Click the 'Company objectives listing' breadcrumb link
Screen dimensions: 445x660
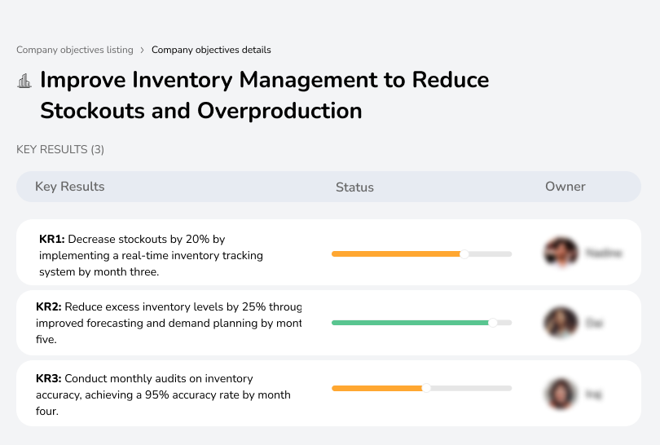pyautogui.click(x=74, y=50)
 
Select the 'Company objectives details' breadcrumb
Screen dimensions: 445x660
pyautogui.click(x=211, y=50)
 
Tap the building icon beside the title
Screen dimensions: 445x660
pyautogui.click(x=24, y=81)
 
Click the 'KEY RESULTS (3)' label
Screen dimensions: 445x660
pyautogui.click(x=60, y=149)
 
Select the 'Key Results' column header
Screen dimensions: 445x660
pyautogui.click(x=69, y=187)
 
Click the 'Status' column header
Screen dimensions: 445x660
pyautogui.click(x=354, y=187)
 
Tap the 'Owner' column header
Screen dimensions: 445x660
pyautogui.click(x=565, y=187)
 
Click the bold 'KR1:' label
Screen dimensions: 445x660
pyautogui.click(x=52, y=239)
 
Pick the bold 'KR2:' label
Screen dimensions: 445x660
pyautogui.click(x=49, y=307)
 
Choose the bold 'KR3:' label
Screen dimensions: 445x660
pyautogui.click(x=49, y=378)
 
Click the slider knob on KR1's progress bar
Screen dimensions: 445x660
pyautogui.click(x=464, y=254)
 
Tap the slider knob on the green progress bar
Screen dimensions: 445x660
pyautogui.click(x=492, y=323)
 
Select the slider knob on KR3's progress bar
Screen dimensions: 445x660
pyautogui.click(x=426, y=388)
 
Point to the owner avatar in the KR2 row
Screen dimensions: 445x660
pyautogui.click(x=561, y=323)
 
